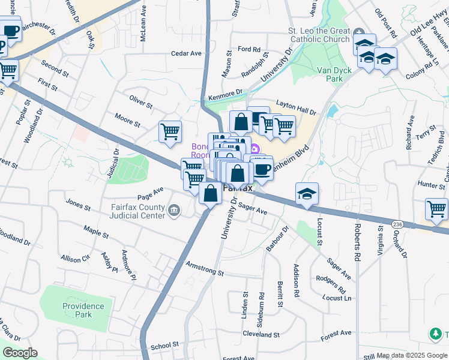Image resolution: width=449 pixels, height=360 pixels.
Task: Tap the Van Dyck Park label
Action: (x=334, y=74)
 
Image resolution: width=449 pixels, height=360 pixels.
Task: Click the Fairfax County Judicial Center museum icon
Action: (x=175, y=209)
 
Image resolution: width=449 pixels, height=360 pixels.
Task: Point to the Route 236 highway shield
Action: (x=397, y=223)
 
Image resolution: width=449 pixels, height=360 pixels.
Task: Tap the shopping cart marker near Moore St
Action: (x=170, y=131)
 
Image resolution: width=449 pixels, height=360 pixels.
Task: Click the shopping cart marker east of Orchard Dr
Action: (x=436, y=209)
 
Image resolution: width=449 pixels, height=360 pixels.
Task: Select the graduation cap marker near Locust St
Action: (x=307, y=194)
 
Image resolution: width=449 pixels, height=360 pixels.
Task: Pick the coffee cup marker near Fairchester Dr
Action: (x=10, y=30)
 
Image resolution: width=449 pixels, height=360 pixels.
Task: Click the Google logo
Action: (x=19, y=353)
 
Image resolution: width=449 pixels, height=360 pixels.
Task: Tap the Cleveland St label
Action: (x=262, y=334)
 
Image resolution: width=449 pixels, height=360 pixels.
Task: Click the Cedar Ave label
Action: (x=186, y=53)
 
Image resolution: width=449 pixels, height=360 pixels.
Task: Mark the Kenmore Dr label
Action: (x=224, y=95)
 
